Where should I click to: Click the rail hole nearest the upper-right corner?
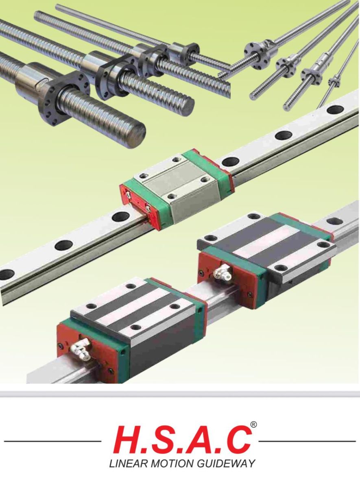point(335,111)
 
